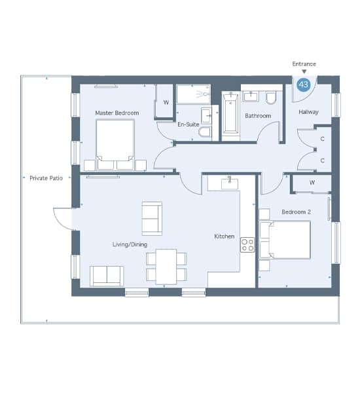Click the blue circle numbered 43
(304, 84)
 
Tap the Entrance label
(304, 64)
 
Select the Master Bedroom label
(117, 113)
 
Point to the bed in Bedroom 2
(285, 240)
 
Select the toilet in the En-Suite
(205, 132)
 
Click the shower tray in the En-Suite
(193, 94)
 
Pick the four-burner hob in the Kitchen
(247, 245)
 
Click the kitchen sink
(230, 183)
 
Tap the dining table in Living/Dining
(166, 267)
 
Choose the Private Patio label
(46, 178)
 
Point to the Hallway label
(309, 112)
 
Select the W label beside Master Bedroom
(166, 102)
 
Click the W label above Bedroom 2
(312, 183)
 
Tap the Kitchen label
(225, 236)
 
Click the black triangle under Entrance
(304, 71)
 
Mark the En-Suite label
(189, 124)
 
